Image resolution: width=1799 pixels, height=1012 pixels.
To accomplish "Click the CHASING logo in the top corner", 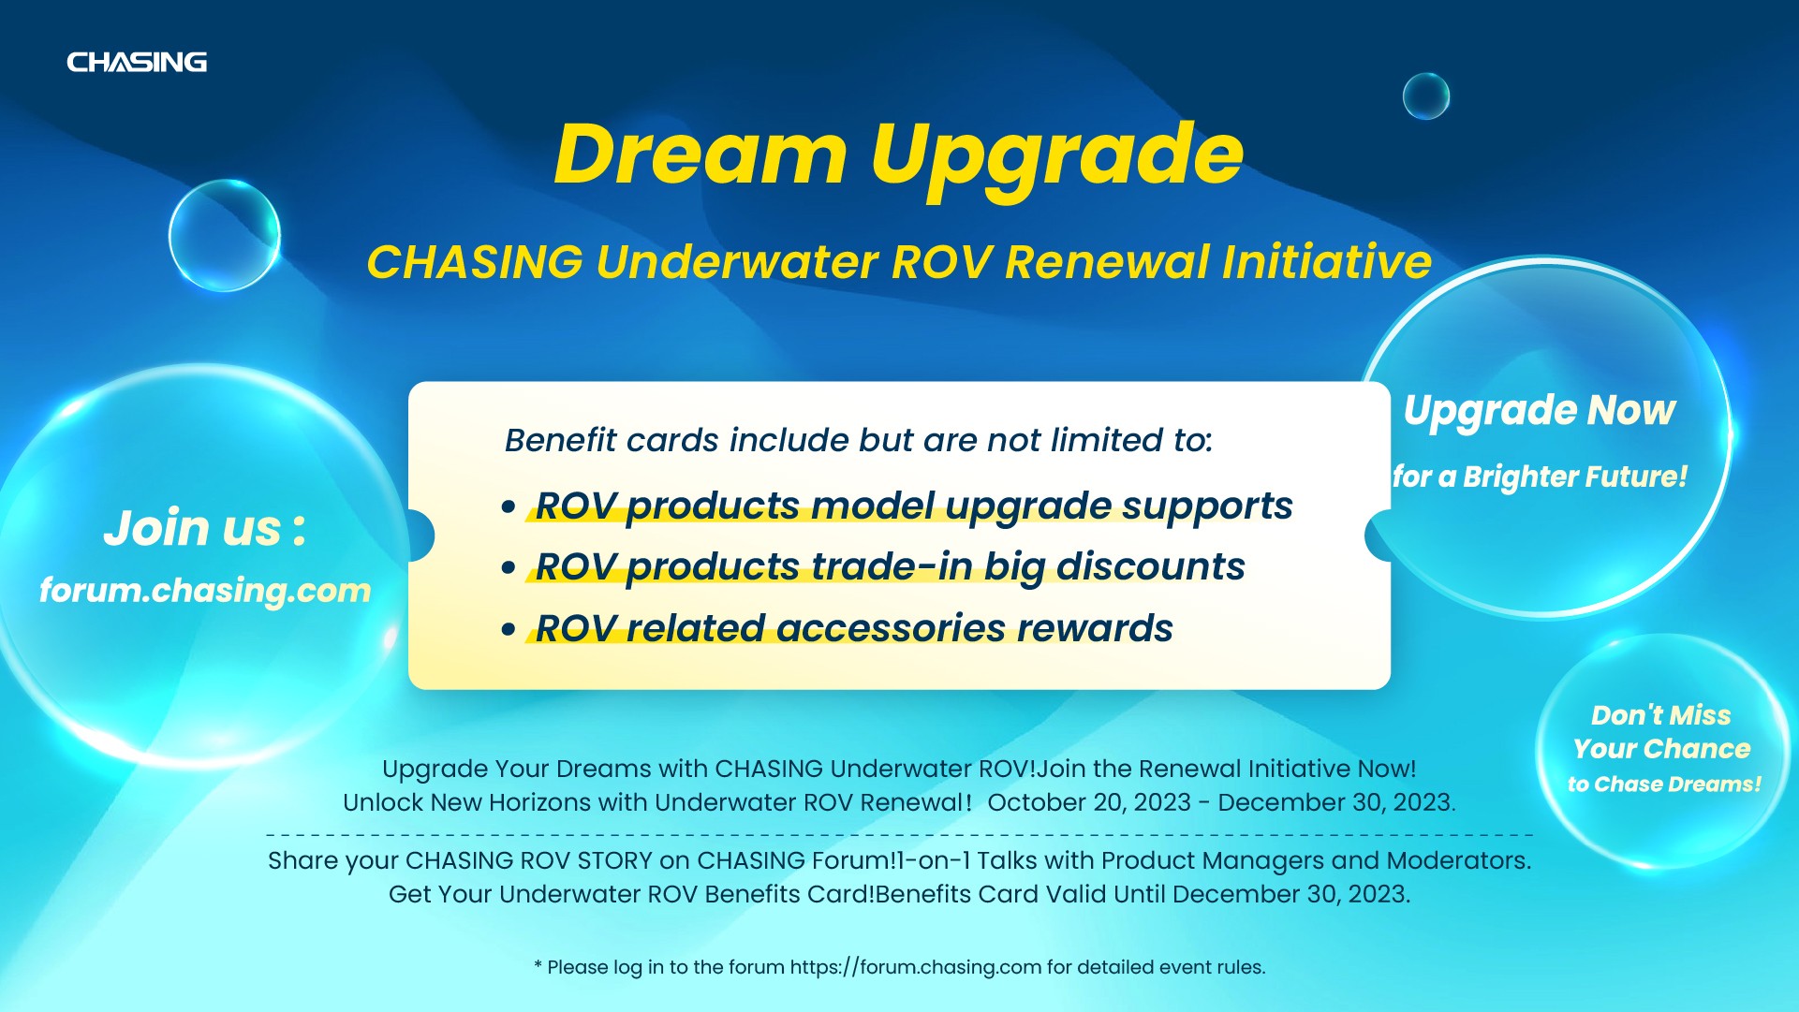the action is tap(137, 62).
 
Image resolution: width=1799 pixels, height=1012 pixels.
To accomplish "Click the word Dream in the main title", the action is tap(700, 154).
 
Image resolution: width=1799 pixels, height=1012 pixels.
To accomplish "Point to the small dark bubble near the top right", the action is tap(1425, 95).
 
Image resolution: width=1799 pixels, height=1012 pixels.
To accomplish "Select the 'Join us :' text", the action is tap(204, 528).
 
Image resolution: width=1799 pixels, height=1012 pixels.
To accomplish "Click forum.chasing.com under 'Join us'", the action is tap(205, 591).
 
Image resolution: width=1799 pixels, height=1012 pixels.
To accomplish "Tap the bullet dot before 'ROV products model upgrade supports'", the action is tap(509, 507).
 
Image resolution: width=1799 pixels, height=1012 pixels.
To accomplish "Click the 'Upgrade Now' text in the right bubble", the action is tap(1540, 411).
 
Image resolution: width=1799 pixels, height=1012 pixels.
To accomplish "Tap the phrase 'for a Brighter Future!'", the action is tap(1540, 477).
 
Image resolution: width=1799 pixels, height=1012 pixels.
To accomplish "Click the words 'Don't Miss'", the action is tap(1660, 715).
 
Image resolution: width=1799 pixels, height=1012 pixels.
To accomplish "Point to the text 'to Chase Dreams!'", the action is tap(1664, 785).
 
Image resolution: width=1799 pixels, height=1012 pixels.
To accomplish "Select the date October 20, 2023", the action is tap(1089, 803).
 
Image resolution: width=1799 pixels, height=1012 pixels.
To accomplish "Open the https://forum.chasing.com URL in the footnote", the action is tap(916, 968).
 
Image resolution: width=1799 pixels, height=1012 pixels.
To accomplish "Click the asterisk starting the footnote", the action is tap(538, 964).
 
